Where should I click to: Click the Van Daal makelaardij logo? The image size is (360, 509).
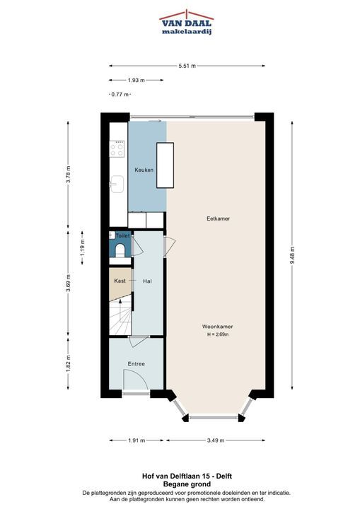187,22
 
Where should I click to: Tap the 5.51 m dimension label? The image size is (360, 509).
187,66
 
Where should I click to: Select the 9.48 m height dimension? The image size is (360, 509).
292,255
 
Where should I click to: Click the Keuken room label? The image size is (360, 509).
144,170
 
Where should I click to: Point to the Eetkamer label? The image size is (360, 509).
218,218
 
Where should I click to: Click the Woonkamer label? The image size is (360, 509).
217,327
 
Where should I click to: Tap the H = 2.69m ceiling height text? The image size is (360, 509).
218,334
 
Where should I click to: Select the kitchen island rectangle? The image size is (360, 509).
165,165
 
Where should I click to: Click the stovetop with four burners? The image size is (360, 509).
117,149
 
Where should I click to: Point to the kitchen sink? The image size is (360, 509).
117,184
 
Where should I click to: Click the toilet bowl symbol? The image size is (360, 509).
120,250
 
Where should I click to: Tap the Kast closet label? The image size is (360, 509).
120,281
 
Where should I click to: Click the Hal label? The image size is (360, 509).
148,281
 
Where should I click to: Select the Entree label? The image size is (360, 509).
136,364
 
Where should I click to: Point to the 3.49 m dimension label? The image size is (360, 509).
216,440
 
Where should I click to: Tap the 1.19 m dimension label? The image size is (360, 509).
82,248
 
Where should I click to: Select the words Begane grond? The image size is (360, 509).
187,484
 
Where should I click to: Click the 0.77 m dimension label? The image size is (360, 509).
120,95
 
